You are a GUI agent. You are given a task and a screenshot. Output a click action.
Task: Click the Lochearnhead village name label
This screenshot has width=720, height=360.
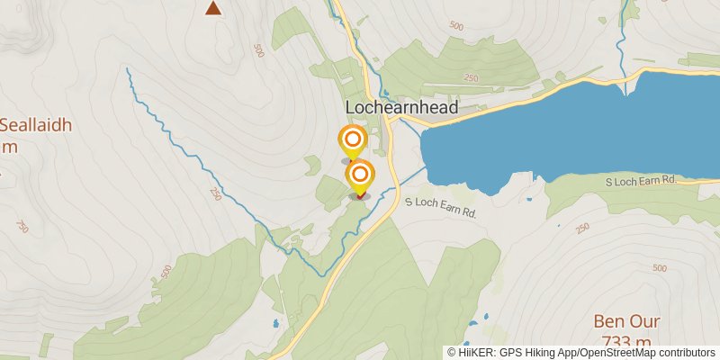coord(401,108)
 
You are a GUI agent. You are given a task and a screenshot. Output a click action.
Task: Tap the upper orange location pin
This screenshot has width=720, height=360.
coord(353,140)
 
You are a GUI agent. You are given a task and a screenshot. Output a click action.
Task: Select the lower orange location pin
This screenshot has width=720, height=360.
coord(360,174)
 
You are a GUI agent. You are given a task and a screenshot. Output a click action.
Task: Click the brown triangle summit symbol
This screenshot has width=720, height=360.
coord(213,9)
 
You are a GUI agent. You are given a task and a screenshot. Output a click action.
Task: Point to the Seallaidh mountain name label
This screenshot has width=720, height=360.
coord(36,125)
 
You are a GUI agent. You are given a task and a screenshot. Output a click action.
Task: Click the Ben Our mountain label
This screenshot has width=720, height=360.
coord(626,322)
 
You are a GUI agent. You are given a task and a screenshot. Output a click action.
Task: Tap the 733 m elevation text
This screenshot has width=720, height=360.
coord(626,342)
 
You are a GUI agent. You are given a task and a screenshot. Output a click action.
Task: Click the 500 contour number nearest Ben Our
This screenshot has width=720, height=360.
coord(659,268)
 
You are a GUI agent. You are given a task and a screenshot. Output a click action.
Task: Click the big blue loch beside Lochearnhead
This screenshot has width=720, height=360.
coord(576,126)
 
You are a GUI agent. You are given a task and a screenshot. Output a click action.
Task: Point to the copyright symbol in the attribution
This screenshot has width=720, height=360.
coord(451,352)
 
